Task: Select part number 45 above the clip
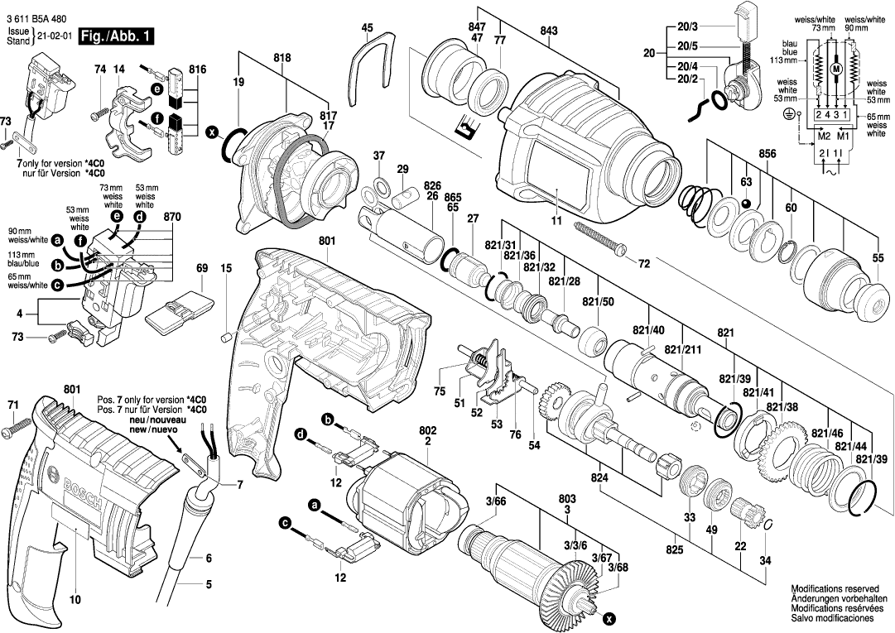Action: pos(368,28)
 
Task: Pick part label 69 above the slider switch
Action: pos(201,268)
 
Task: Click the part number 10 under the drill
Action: pos(75,598)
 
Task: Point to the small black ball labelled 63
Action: pos(746,203)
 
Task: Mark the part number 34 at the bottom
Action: pos(765,561)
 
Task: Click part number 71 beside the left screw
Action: pos(12,405)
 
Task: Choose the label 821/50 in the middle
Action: pos(598,301)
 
